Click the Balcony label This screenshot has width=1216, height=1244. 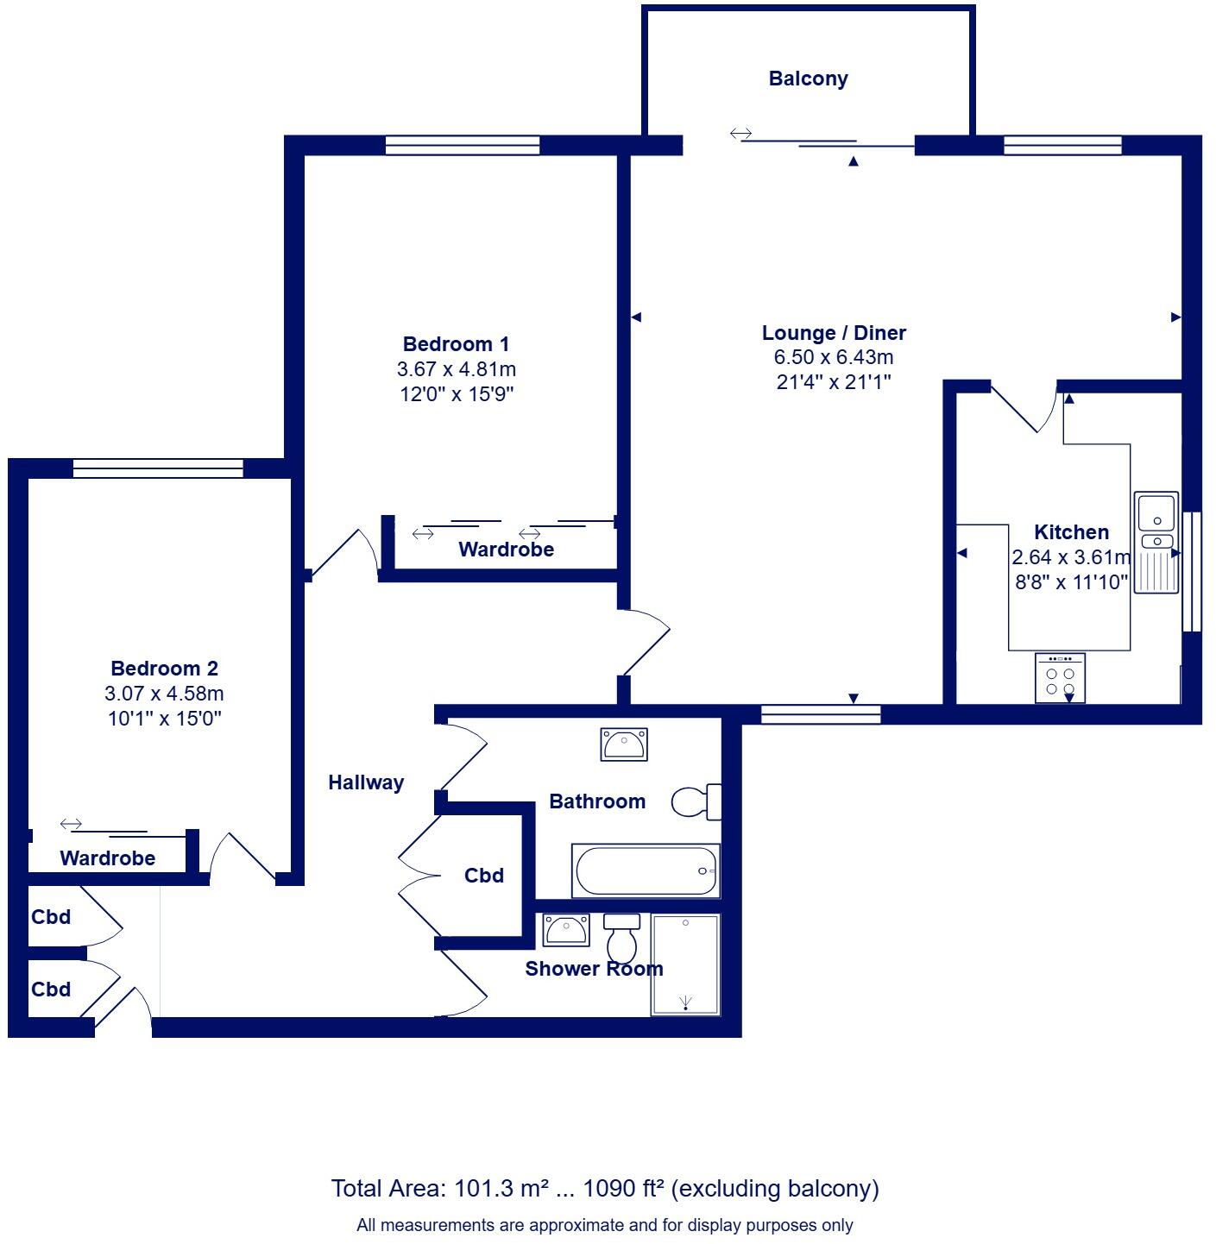click(x=808, y=79)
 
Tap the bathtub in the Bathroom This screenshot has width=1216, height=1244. click(x=646, y=870)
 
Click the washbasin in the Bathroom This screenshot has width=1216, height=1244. click(x=623, y=744)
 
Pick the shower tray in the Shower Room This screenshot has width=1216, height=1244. click(x=685, y=964)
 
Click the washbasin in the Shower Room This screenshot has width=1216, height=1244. click(x=565, y=930)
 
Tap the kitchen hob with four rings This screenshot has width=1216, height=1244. click(x=1060, y=679)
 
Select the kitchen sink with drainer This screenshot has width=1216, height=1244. click(x=1155, y=542)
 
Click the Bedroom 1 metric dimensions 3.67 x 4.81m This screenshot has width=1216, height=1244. click(x=457, y=369)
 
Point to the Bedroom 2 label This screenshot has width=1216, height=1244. click(x=164, y=668)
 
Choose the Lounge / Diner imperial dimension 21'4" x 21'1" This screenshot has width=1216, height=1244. click(x=833, y=381)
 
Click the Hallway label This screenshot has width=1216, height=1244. click(x=366, y=782)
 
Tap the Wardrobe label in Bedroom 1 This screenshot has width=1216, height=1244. click(x=506, y=550)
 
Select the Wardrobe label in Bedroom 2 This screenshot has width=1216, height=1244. click(x=108, y=858)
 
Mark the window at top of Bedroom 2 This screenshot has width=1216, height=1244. click(x=158, y=468)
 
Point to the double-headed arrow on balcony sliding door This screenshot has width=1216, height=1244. click(x=740, y=134)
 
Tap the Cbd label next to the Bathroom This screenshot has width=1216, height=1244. click(x=483, y=876)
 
